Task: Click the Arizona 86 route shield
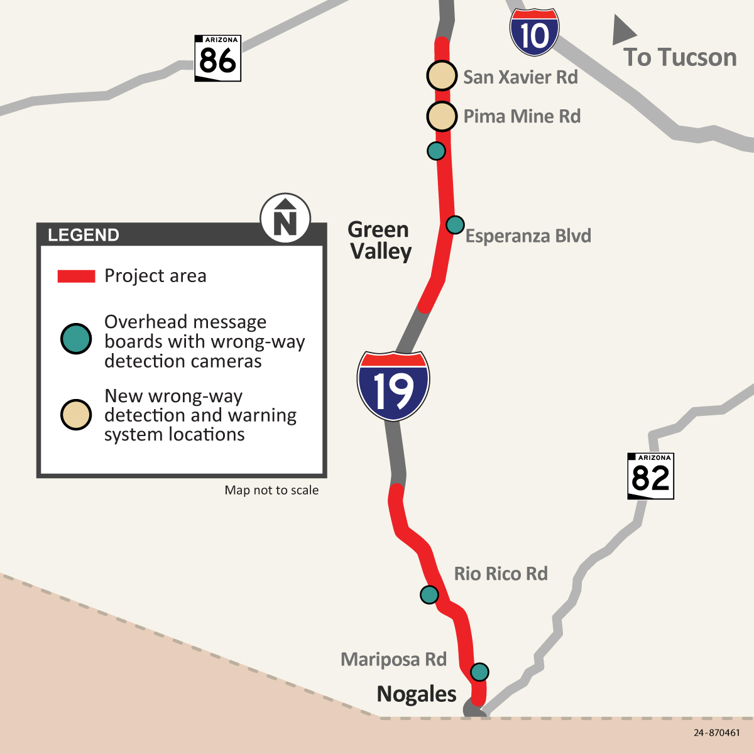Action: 217,58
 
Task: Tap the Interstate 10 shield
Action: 534,33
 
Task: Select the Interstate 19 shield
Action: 393,386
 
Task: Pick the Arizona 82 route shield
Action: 651,476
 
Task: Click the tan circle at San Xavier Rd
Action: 442,76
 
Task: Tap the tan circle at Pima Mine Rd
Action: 442,116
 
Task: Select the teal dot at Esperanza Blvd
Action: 455,224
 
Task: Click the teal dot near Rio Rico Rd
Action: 429,594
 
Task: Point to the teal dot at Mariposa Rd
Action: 479,672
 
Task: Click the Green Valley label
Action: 380,241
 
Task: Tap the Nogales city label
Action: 417,694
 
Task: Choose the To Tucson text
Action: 680,57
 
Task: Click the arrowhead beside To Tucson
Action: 622,31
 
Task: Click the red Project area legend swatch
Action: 76,276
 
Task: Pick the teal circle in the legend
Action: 76,339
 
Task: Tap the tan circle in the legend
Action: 76,415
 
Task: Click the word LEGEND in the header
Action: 84,235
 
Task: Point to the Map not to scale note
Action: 271,490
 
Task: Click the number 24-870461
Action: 717,733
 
